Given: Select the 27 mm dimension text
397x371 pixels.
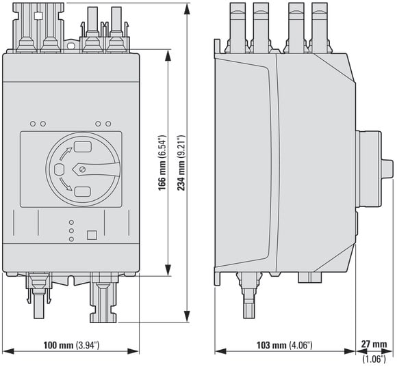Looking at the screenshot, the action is (374, 344).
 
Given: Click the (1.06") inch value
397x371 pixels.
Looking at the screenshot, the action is (374, 359).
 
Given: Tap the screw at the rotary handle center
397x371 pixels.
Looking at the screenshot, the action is (82, 169).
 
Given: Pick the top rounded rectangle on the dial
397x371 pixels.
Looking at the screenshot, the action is (83, 147).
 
